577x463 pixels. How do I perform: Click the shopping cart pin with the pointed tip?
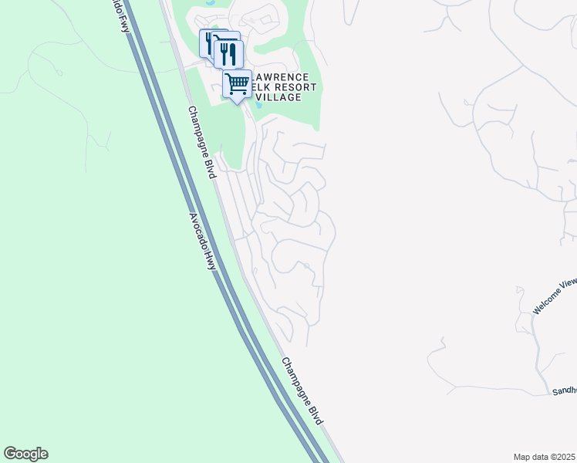[x=238, y=83]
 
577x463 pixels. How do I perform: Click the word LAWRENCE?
[x=281, y=77]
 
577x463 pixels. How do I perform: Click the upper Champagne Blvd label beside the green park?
[x=200, y=143]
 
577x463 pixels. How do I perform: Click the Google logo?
[x=25, y=454]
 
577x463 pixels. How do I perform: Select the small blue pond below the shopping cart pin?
[x=258, y=101]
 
